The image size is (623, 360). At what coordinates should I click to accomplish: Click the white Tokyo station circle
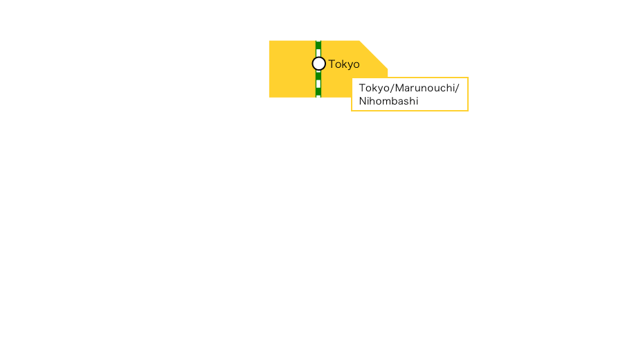coord(318,64)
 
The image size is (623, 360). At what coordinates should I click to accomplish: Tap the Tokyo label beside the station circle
coord(344,64)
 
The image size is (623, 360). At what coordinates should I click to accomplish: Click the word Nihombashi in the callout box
coord(388,101)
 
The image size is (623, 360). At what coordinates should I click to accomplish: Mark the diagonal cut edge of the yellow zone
coord(374,55)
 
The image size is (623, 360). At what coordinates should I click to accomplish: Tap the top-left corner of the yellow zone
coord(269,41)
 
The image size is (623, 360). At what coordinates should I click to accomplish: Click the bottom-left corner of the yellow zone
coord(269,97)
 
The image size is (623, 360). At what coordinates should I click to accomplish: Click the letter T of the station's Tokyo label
coord(332,64)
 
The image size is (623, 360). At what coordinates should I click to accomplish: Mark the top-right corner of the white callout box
coord(468,78)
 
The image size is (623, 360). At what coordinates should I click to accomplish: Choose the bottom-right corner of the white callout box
coord(468,110)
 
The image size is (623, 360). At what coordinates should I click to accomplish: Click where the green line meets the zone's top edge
coord(318,41)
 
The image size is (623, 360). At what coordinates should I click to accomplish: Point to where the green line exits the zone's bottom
coord(318,97)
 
